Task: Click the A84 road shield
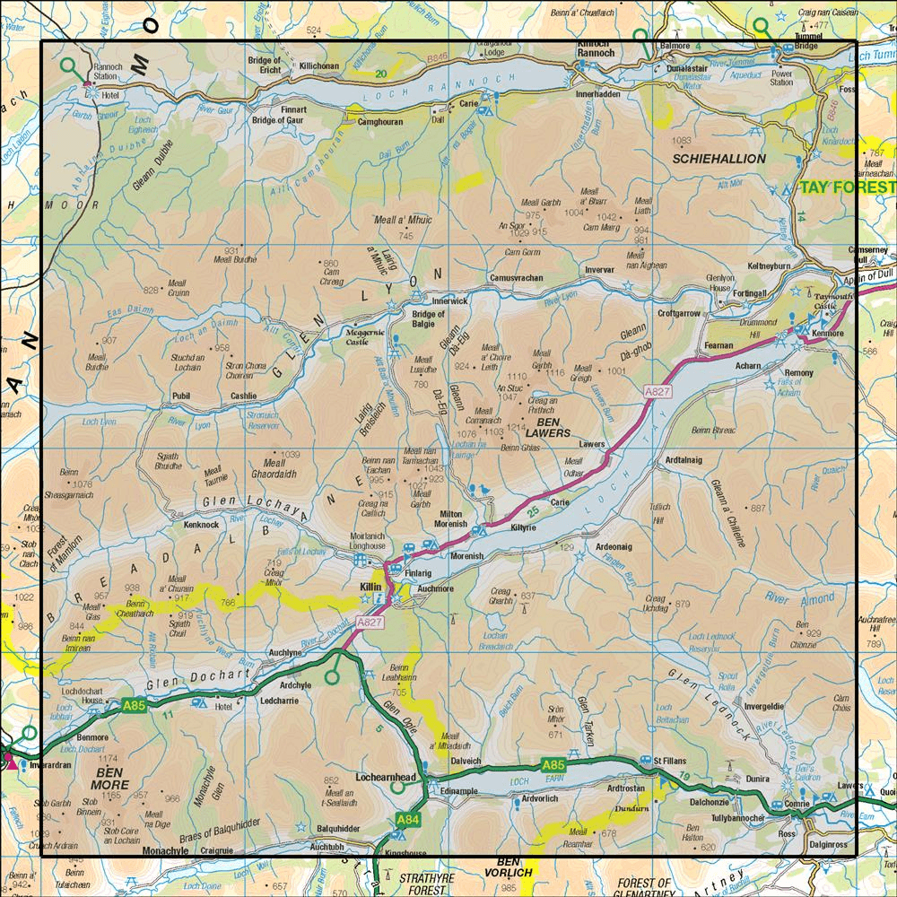coord(405,819)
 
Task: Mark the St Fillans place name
coord(669,762)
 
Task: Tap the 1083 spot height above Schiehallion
coord(683,142)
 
